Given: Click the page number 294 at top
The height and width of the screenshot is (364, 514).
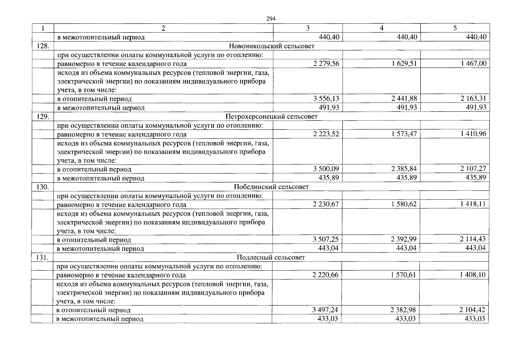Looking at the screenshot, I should pyautogui.click(x=270, y=19).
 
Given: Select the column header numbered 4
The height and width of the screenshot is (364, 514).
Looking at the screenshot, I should pyautogui.click(x=381, y=28).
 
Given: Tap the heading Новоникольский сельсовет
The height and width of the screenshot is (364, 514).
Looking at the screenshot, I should pyautogui.click(x=271, y=46).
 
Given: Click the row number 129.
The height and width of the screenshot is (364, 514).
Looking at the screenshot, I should pyautogui.click(x=43, y=116).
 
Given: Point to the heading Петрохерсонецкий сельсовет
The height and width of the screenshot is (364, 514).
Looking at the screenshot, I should pyautogui.click(x=271, y=116).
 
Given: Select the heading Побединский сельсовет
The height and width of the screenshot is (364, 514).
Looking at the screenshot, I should pyautogui.click(x=271, y=187).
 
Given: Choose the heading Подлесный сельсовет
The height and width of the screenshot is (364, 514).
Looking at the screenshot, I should pyautogui.click(x=271, y=257).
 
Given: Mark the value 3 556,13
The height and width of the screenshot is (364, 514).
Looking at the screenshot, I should pyautogui.click(x=326, y=99).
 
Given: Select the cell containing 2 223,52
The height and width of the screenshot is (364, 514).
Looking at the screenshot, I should pyautogui.click(x=326, y=134).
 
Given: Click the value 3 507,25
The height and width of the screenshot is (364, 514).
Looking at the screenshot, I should pyautogui.click(x=326, y=239).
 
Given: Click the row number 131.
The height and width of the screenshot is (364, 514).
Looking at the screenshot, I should pyautogui.click(x=42, y=257).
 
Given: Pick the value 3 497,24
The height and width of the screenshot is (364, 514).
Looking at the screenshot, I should pyautogui.click(x=325, y=310).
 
